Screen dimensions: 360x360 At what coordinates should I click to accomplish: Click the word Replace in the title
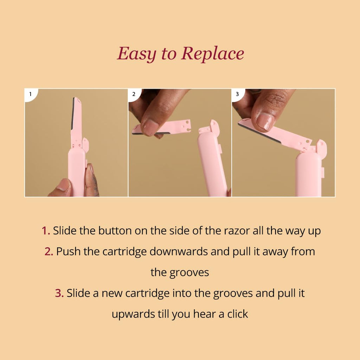tap(213, 54)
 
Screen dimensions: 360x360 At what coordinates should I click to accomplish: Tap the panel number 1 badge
tap(31, 94)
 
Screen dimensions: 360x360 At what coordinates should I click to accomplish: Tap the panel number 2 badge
tap(134, 94)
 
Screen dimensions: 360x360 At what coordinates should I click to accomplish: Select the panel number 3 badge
tap(238, 94)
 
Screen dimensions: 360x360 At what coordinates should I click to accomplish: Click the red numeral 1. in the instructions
tap(46, 231)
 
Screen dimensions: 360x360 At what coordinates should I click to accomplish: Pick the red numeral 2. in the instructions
tap(49, 252)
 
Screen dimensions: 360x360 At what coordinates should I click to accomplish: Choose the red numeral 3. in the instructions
tap(59, 294)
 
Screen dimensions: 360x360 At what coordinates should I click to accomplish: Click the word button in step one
tap(115, 231)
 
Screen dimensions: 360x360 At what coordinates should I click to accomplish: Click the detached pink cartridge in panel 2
tap(161, 127)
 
